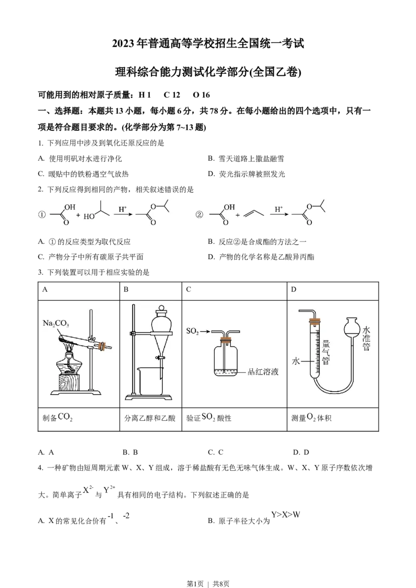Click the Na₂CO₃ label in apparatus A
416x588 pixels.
click(56, 323)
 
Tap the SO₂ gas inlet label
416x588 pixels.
click(192, 331)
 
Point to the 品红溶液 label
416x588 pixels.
click(263, 371)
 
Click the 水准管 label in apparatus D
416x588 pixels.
click(366, 339)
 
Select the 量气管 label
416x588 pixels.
click(326, 352)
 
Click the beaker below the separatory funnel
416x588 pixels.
click(151, 381)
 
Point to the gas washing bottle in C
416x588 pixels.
click(225, 356)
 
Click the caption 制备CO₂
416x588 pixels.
click(58, 418)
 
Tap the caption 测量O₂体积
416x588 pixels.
click(311, 418)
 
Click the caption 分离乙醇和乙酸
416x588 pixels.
click(150, 418)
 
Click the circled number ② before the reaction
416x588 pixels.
click(199, 215)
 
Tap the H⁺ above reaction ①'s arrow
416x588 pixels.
click(122, 209)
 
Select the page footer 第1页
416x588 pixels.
click(195, 583)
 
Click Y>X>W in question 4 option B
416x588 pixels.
click(285, 514)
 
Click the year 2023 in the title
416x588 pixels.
click(123, 44)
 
